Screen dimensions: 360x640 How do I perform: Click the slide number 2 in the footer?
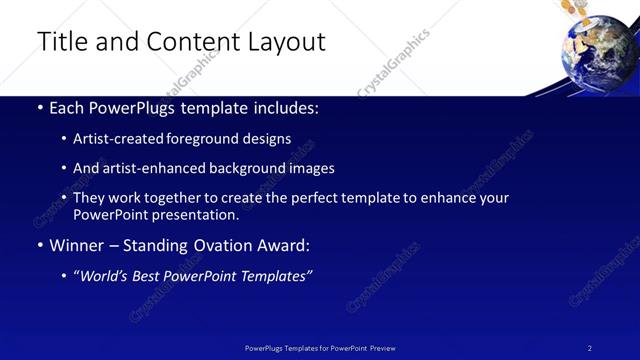click(590, 348)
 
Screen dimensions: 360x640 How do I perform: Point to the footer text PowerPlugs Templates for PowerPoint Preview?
click(320, 348)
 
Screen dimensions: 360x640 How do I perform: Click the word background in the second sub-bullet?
click(248, 169)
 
